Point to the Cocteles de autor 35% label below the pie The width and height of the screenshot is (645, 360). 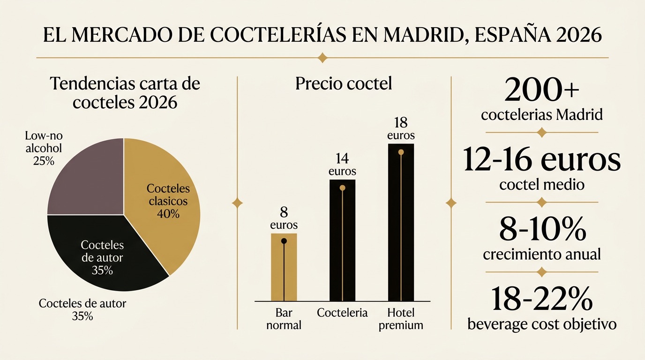coord(82,309)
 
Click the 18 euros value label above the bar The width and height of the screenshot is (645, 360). coord(401,129)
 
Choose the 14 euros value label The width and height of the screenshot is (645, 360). coord(342,165)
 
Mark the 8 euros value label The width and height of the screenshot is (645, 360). coord(284,218)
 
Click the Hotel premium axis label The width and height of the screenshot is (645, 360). coord(401,319)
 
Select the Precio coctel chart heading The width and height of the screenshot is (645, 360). coord(343,84)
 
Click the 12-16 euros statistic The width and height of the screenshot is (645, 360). coord(541,160)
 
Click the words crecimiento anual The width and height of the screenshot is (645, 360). coord(541,255)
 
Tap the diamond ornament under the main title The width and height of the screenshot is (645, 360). coord(322,58)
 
